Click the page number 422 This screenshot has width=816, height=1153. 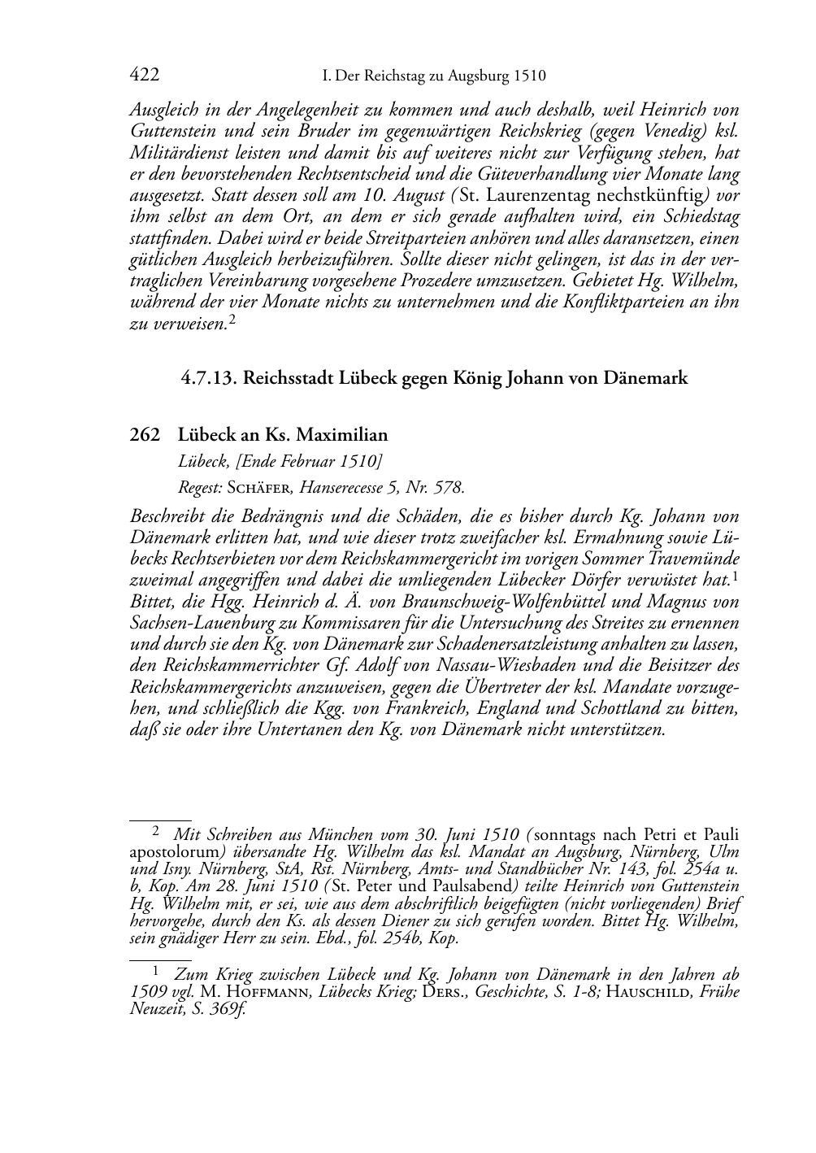click(x=144, y=76)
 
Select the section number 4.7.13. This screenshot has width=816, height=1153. click(x=207, y=378)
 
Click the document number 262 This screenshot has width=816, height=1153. click(x=145, y=435)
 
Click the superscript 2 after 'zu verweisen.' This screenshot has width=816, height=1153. click(x=232, y=320)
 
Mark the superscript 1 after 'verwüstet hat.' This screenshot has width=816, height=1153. click(x=735, y=576)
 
